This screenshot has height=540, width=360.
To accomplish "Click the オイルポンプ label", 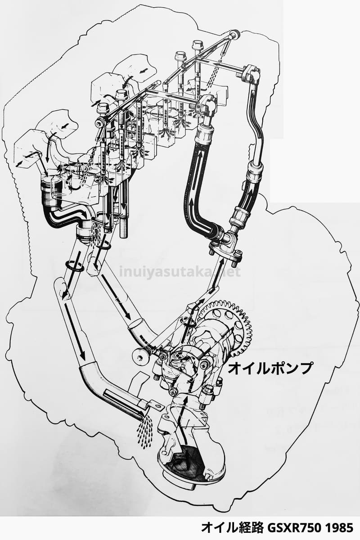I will (270, 368).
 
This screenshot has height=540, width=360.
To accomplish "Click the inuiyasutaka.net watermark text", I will (180, 272).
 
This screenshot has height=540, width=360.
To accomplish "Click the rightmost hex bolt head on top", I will (198, 45).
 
